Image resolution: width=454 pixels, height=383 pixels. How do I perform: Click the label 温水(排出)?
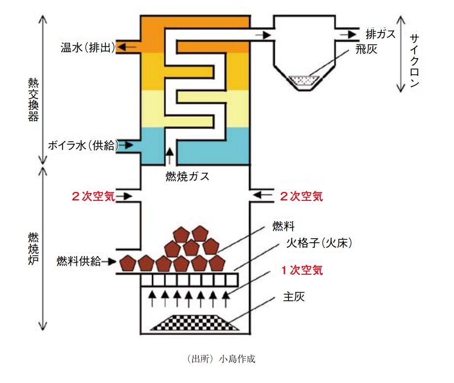point(88,48)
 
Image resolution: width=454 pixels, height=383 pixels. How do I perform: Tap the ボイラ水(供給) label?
point(83,145)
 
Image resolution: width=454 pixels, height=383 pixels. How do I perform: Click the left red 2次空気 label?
point(93,196)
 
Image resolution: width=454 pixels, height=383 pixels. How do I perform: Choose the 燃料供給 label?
point(79,261)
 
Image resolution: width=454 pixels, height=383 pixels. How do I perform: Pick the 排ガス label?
point(381,34)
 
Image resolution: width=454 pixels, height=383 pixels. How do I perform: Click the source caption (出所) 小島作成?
point(222,359)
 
